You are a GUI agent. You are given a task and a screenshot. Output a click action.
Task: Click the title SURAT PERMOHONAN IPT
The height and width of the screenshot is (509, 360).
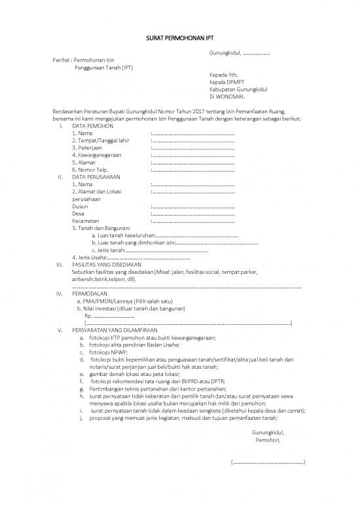click(179, 39)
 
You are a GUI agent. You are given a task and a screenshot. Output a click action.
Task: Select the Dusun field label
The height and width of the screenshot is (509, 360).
click(80, 206)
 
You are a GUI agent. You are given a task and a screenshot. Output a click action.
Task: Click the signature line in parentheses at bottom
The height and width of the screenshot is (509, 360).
click(268, 462)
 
